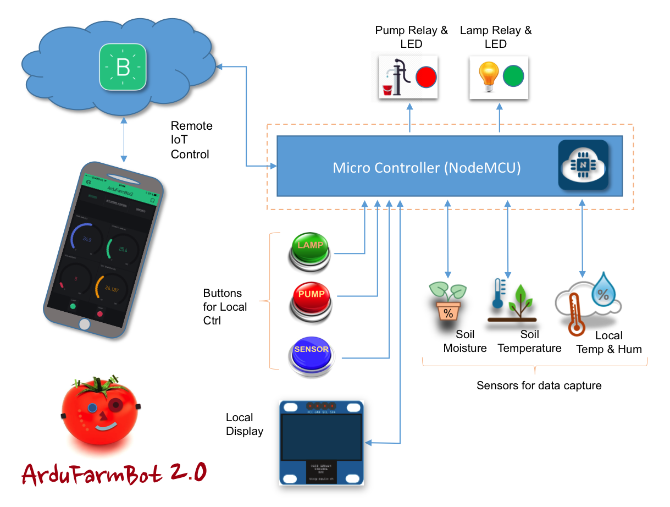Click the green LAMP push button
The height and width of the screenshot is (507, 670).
click(309, 251)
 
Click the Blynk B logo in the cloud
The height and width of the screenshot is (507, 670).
click(123, 68)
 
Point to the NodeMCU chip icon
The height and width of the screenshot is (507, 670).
click(583, 165)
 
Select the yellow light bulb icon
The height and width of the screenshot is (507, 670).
click(489, 76)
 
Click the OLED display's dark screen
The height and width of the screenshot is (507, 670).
click(322, 437)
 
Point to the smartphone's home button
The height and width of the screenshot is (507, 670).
click(84, 324)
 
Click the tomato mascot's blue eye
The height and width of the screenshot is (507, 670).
click(92, 408)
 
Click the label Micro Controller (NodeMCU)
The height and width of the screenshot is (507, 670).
click(427, 168)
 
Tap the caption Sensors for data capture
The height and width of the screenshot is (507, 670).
click(539, 385)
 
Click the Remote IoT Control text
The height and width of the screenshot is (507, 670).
click(191, 140)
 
